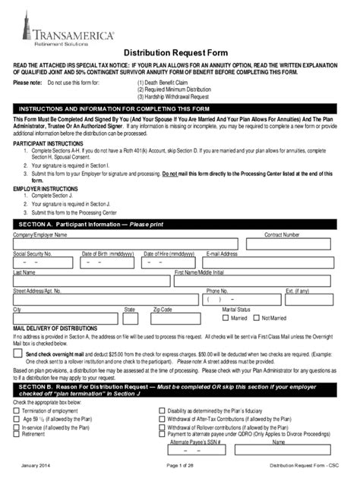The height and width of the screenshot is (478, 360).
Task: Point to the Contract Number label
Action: [281, 235]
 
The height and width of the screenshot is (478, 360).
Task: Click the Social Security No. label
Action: [33, 253]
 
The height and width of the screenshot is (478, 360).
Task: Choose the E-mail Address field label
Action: [223, 253]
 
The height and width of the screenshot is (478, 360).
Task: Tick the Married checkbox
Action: [226, 319]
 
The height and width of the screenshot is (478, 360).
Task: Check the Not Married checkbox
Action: [256, 319]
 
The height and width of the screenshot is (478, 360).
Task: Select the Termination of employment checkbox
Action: [17, 410]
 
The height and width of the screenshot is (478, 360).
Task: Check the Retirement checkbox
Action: [17, 435]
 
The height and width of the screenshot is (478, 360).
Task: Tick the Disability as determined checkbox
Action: [162, 410]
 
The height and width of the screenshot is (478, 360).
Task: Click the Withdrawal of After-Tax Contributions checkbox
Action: [162, 419]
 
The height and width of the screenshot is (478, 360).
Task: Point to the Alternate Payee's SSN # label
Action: [195, 442]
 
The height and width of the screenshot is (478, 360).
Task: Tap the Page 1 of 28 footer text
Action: [179, 464]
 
